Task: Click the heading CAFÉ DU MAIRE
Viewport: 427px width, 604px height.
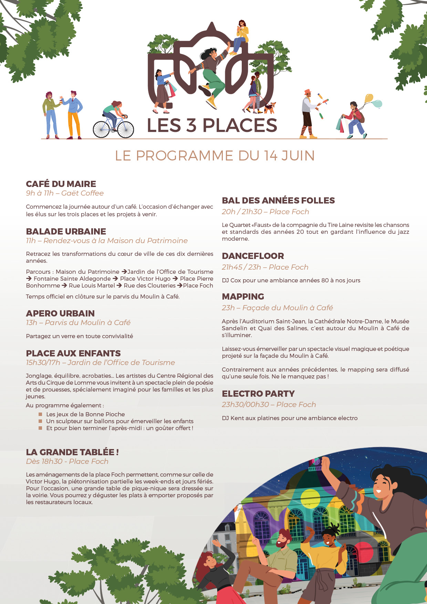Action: [x=61, y=184]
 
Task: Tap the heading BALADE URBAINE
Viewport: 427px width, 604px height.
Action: [x=66, y=231]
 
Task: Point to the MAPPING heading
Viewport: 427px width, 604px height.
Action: [x=243, y=296]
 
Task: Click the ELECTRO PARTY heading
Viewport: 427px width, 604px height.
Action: [x=258, y=394]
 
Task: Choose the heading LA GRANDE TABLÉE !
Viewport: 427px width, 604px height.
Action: [x=72, y=452]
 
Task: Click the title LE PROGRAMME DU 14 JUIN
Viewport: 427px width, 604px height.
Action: [x=215, y=156]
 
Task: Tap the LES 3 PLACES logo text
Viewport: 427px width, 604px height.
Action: [x=212, y=125]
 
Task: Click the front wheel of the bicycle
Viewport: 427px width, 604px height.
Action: [x=125, y=129]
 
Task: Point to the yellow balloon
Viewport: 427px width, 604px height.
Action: [x=369, y=98]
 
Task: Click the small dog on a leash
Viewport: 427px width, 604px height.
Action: [x=270, y=107]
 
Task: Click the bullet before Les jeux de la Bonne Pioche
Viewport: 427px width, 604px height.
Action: [x=40, y=414]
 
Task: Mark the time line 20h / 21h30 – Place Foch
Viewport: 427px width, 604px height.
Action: [x=265, y=212]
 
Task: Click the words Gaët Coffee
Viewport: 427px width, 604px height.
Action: [x=82, y=193]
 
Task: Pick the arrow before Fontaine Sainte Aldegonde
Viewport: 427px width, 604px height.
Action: [x=29, y=279]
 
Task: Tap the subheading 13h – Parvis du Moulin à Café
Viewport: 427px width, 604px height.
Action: [x=78, y=323]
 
